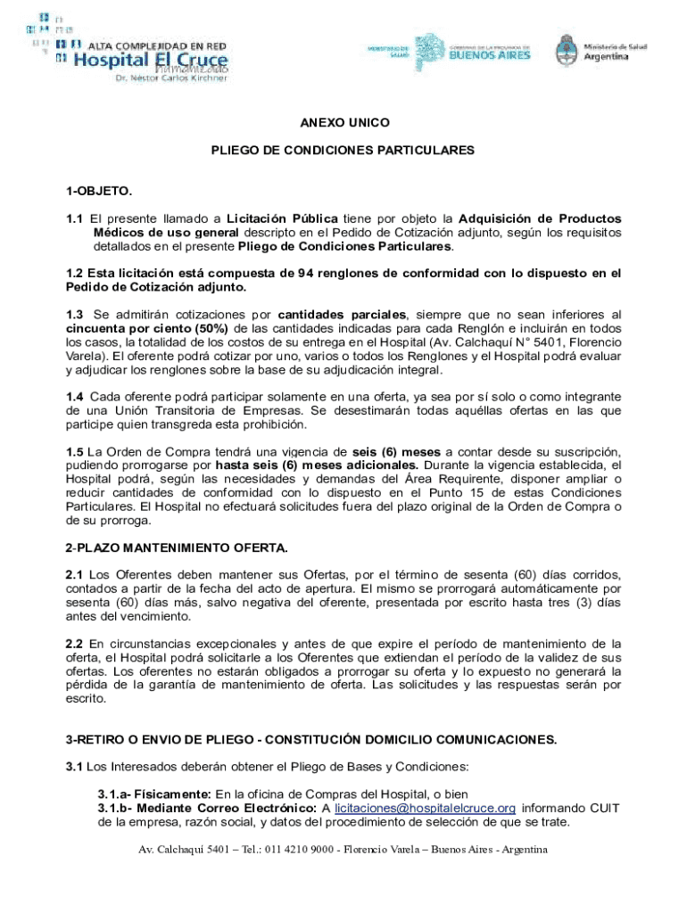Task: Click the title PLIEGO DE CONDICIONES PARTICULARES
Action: tap(343, 151)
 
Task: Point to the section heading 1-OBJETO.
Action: tap(99, 191)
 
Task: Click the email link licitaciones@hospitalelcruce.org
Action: tap(426, 808)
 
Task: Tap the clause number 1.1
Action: tap(74, 218)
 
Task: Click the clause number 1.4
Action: tap(74, 397)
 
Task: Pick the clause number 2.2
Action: tap(74, 643)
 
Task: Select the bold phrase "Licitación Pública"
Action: tap(281, 218)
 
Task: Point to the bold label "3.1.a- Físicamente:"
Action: tap(153, 794)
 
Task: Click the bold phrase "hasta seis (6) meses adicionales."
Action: tap(317, 465)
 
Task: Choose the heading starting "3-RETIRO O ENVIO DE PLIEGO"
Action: tap(311, 739)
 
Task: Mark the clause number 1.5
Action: tap(74, 451)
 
